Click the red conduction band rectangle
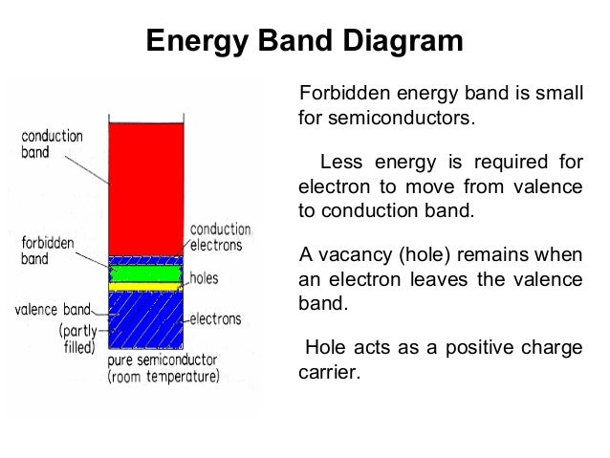[x=144, y=186]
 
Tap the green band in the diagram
[x=144, y=273]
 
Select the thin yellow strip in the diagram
[x=144, y=286]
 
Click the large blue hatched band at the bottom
[x=144, y=319]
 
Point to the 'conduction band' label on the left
[x=53, y=144]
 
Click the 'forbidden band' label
[x=47, y=251]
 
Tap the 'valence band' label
[x=53, y=310]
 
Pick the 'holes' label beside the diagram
[x=206, y=278]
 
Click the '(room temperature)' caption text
[x=163, y=377]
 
